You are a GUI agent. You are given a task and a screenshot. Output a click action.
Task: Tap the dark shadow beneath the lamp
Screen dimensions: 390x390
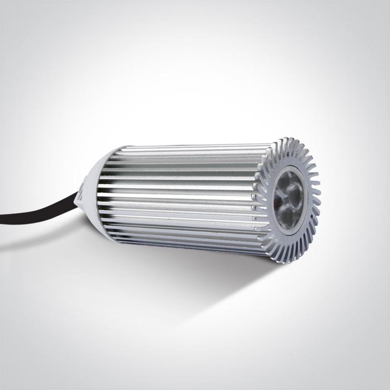(184, 279)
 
